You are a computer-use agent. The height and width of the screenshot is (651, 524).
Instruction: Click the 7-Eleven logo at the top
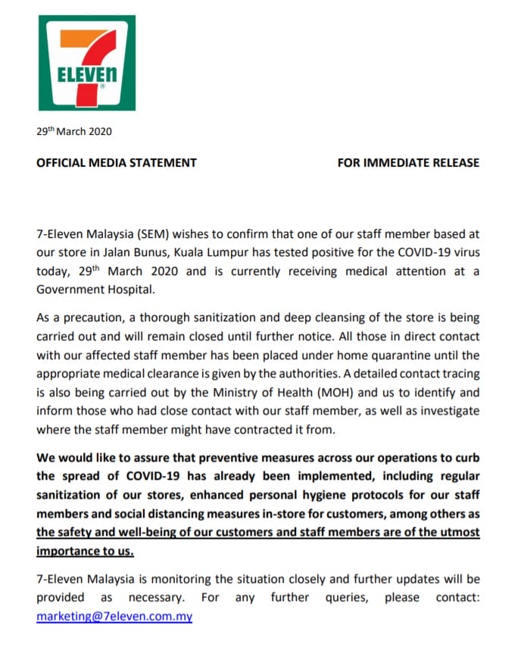[87, 63]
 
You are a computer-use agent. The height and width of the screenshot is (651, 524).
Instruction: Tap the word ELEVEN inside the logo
[87, 76]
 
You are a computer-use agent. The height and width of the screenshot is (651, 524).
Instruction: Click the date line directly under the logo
[74, 131]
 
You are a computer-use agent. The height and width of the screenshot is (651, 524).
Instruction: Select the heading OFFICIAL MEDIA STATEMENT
[117, 162]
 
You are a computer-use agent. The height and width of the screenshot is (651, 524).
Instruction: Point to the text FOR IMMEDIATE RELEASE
[408, 162]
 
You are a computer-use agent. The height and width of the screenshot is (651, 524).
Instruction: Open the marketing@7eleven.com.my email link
[114, 616]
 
